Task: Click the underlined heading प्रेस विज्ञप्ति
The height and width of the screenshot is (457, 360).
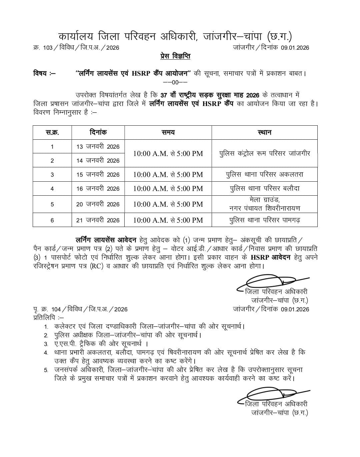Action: click(x=175, y=56)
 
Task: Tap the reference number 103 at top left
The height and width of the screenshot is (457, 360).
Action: click(x=48, y=48)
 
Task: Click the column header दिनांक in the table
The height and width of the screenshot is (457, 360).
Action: click(x=98, y=132)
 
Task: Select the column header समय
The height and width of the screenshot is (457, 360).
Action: click(x=168, y=132)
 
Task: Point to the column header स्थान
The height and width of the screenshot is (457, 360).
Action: click(x=264, y=132)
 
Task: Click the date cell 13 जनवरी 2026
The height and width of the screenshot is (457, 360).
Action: click(x=98, y=147)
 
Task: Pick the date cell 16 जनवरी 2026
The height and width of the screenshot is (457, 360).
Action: click(x=98, y=189)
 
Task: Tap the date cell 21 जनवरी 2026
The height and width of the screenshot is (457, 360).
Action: click(x=98, y=220)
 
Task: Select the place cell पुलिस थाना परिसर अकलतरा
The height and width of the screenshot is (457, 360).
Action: click(x=264, y=174)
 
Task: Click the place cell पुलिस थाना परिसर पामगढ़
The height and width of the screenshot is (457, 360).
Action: click(x=264, y=220)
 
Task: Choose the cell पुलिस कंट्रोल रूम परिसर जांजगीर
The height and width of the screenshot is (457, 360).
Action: click(x=264, y=153)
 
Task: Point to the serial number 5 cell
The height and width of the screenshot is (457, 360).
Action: click(x=52, y=204)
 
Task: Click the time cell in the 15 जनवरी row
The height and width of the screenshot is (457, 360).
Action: click(x=168, y=174)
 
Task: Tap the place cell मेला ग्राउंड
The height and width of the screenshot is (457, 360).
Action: click(x=264, y=204)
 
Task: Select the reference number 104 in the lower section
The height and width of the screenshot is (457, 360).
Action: click(x=56, y=309)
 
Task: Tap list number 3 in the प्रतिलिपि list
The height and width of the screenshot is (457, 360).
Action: click(x=46, y=344)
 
